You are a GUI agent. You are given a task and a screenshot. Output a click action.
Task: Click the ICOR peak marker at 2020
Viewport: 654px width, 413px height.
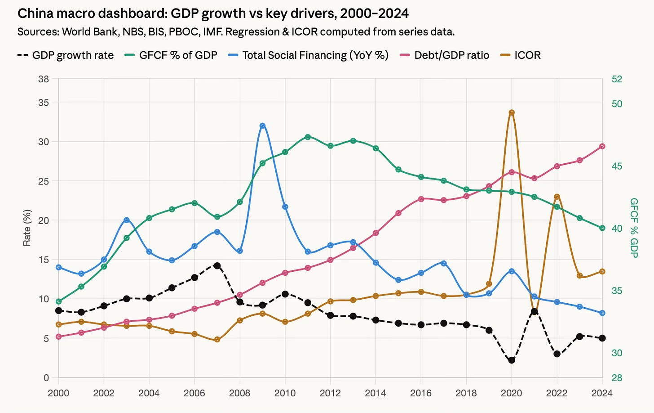click(512, 112)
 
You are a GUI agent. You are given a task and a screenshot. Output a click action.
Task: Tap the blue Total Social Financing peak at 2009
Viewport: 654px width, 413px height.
click(263, 126)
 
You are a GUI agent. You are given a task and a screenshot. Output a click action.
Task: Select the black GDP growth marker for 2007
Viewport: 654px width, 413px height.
click(217, 266)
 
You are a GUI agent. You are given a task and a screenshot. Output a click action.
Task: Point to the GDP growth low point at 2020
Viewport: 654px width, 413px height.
click(512, 360)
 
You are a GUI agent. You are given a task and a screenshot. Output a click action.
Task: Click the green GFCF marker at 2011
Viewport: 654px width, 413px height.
click(308, 137)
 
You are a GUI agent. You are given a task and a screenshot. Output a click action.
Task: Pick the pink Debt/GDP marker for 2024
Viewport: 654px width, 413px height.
click(602, 146)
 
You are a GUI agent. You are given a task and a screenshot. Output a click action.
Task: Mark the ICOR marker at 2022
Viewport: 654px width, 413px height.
click(557, 197)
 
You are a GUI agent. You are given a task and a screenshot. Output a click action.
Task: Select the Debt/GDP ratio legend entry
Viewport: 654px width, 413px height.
click(451, 55)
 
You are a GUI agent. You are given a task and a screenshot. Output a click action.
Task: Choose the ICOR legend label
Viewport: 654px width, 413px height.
click(527, 55)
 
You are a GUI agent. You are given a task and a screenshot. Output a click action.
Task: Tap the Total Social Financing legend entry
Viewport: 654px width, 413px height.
click(315, 55)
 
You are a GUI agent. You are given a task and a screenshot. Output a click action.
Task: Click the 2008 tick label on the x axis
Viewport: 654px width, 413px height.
click(239, 393)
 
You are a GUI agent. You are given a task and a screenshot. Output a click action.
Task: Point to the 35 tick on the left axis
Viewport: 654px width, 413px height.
click(43, 102)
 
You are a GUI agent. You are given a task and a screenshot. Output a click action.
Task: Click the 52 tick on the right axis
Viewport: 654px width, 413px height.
click(617, 79)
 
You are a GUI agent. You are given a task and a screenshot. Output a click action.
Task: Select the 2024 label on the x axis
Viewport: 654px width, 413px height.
click(602, 393)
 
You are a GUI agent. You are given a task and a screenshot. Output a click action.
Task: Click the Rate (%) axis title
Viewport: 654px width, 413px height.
click(27, 228)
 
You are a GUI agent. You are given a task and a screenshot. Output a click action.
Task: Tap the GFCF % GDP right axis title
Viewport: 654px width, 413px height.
click(634, 228)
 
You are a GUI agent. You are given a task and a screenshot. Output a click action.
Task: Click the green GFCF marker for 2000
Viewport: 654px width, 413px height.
click(58, 301)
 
